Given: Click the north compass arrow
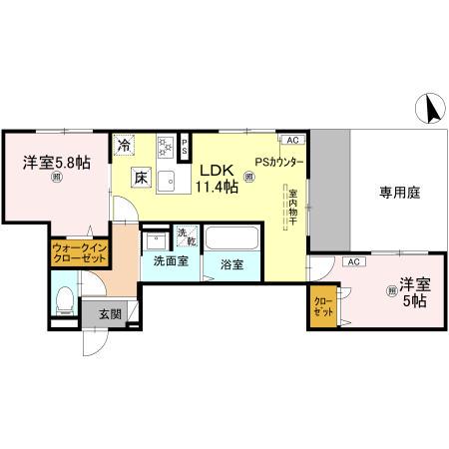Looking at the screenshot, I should click(x=431, y=108).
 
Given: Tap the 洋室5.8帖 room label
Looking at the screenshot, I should click(x=56, y=161).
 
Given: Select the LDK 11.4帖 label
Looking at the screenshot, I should click(x=216, y=179).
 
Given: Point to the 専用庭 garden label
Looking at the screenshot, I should click(x=398, y=193).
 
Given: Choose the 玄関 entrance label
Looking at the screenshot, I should click(x=110, y=314).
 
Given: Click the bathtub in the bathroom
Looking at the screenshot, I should click(x=236, y=239).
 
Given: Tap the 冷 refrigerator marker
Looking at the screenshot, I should click(x=124, y=146).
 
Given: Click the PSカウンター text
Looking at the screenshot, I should click(x=277, y=162).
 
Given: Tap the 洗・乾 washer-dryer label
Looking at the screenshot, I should click(x=185, y=236).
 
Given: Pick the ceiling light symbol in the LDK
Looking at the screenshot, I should click(x=248, y=178).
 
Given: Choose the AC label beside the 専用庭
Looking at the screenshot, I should click(x=352, y=261).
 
